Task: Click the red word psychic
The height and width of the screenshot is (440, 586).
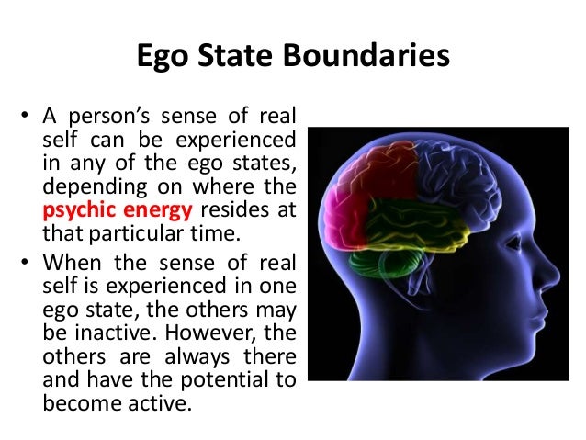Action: pyautogui.click(x=76, y=209)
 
